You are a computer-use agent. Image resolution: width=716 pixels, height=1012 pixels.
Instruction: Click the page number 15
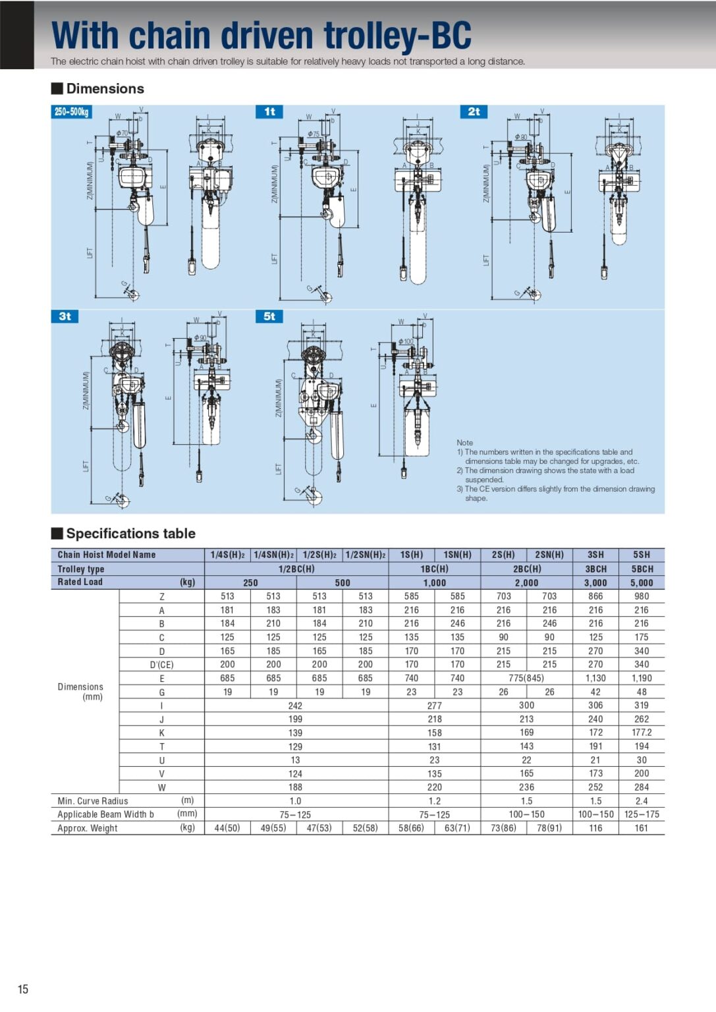[x=23, y=989]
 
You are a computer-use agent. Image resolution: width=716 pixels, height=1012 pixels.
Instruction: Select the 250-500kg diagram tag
[x=71, y=112]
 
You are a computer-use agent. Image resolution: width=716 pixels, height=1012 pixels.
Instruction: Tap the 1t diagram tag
[x=269, y=112]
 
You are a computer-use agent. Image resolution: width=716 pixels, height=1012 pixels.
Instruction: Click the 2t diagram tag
[x=474, y=112]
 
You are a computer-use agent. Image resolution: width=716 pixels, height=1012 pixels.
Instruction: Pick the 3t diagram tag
[x=65, y=316]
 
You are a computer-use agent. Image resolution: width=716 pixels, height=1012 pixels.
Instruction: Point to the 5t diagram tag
[x=269, y=316]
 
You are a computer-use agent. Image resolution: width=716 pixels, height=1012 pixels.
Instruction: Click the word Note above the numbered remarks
[x=464, y=443]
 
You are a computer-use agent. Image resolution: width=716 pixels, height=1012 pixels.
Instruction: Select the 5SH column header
[x=642, y=555]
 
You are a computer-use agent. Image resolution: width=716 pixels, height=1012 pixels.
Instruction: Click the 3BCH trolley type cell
[x=595, y=569]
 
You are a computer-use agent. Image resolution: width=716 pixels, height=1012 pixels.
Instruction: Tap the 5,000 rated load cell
[x=642, y=582]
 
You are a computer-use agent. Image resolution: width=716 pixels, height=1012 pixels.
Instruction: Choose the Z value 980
[x=642, y=596]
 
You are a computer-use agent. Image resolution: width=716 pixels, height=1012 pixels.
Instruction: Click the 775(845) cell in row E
[x=526, y=678]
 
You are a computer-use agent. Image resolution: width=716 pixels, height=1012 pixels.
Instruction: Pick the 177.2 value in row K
[x=642, y=733]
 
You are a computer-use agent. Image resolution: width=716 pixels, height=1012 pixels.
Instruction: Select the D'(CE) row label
[x=161, y=665]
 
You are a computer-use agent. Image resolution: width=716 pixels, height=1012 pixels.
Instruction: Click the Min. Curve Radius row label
[x=93, y=801]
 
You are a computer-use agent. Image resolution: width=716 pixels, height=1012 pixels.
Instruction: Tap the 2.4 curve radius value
[x=642, y=801]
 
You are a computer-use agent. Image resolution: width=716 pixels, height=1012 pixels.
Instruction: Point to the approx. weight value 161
[x=642, y=828]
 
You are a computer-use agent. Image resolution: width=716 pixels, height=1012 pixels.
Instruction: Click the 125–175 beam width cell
[x=642, y=814]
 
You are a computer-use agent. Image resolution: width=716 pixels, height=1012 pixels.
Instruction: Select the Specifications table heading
[x=130, y=534]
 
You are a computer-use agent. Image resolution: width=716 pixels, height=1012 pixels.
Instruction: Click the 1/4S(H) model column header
[x=227, y=555]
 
